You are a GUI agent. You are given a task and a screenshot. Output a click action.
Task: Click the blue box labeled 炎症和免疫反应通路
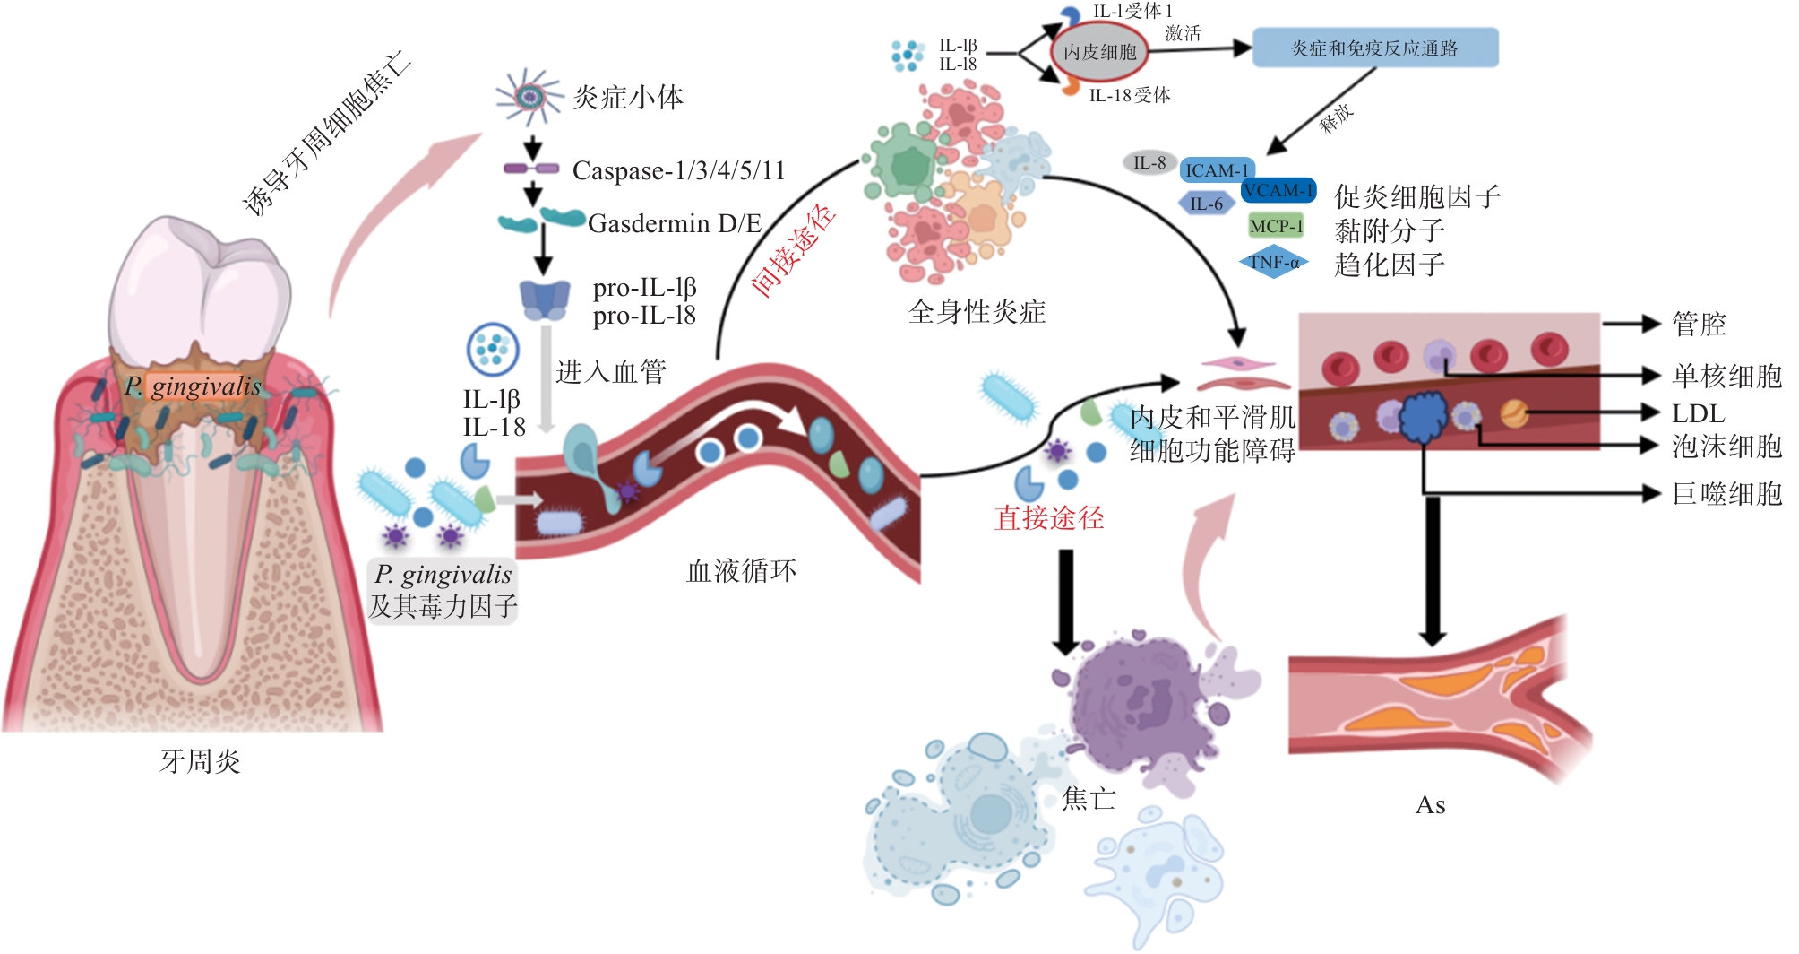[x=1374, y=48]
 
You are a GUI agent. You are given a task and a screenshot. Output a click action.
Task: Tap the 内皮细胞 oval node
[x=1099, y=52]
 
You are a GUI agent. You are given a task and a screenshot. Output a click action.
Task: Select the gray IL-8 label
[x=1149, y=162]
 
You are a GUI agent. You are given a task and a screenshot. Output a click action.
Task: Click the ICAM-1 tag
[x=1216, y=170]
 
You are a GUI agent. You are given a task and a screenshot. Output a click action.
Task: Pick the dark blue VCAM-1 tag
[x=1278, y=191]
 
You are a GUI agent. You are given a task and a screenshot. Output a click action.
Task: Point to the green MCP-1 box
[x=1276, y=226]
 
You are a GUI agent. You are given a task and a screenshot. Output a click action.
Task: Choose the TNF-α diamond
[x=1273, y=263]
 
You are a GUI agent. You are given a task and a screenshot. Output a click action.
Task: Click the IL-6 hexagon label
[x=1206, y=204]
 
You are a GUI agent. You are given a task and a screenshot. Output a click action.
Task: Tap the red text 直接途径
[x=1049, y=518]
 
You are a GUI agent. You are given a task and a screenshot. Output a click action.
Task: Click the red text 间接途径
[x=794, y=250]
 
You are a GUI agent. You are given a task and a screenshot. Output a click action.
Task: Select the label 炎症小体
[x=628, y=97]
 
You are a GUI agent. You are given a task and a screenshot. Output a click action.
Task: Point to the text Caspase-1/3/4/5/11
[x=678, y=170]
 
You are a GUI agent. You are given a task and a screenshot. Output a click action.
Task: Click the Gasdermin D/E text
[x=674, y=223]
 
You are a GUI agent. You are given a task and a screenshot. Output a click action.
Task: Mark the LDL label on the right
[x=1698, y=413]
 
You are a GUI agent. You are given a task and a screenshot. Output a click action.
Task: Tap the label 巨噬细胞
[x=1726, y=493]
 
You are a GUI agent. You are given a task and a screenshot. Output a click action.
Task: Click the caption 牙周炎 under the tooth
[x=200, y=762]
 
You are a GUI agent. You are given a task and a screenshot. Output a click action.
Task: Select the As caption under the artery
[x=1430, y=805]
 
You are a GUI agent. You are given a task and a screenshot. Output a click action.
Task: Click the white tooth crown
[x=200, y=287]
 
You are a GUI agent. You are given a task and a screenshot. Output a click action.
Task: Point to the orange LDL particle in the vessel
[x=1513, y=413]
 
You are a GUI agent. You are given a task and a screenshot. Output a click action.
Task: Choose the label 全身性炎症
[x=977, y=312]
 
